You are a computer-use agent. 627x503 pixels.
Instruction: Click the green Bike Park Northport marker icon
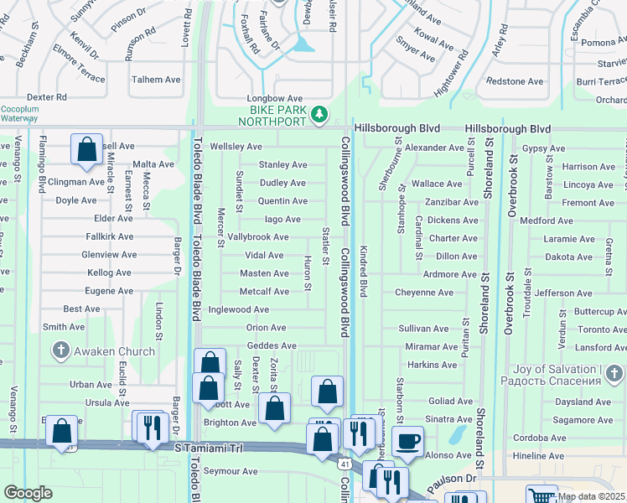coord(319,115)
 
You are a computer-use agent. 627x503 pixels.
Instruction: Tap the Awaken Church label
coord(115,352)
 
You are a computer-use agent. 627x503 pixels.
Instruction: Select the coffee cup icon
coord(407,441)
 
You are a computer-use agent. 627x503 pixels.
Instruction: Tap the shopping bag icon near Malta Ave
coord(86,150)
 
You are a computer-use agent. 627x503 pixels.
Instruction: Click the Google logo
coord(28,493)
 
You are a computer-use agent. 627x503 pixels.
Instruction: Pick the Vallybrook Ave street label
coord(258,237)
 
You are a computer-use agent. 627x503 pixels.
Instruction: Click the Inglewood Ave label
coord(239,309)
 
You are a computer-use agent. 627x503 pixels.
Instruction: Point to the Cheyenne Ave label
coord(424,293)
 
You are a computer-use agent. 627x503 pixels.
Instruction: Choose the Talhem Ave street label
coord(156,80)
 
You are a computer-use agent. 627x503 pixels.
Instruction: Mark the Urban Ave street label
coord(91,385)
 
